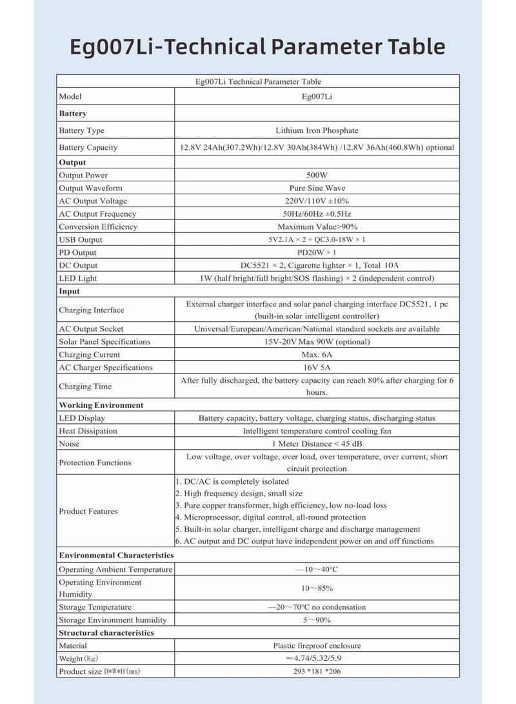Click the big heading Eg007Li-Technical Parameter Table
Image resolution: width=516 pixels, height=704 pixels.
258,46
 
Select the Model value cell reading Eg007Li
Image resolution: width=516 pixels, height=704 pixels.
317,97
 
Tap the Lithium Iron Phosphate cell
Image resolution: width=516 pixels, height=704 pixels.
317,130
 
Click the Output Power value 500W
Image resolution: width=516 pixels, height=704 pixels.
317,176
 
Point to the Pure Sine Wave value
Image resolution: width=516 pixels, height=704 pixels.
317,188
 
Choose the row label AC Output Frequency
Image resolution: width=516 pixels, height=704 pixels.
97,214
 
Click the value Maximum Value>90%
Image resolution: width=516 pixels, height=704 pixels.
317,227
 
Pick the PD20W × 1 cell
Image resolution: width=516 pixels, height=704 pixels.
317,253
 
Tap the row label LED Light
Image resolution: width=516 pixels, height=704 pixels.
78,279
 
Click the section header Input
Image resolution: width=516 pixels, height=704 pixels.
70,292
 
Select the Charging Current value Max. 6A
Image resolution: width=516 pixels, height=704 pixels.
317,355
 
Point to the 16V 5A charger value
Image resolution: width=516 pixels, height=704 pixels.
317,368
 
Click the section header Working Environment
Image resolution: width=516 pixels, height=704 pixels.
101,405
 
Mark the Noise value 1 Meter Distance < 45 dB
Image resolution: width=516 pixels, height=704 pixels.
317,444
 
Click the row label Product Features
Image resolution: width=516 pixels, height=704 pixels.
88,512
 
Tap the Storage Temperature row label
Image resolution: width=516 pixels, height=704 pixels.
95,607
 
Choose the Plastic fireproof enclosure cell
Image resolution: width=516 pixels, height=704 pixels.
317,646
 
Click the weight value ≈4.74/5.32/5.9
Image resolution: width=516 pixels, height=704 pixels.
317,659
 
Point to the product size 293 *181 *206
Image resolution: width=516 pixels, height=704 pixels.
317,672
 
